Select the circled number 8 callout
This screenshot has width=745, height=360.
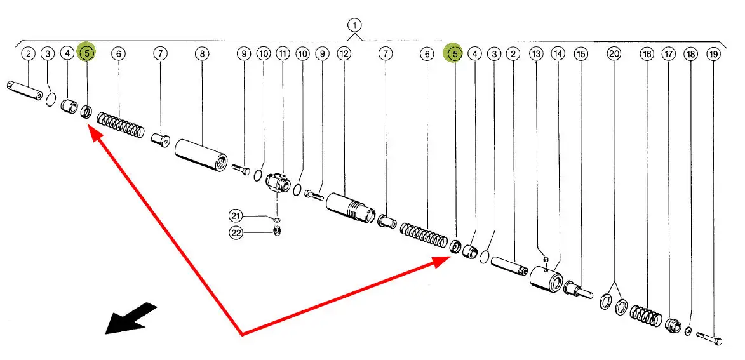(202, 54)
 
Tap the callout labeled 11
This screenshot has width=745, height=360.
(283, 53)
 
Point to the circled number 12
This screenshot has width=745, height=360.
(344, 53)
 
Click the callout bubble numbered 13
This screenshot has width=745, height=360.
(537, 54)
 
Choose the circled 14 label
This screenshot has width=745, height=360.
(558, 54)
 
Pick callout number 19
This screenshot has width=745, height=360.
(713, 54)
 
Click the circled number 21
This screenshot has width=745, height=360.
(236, 217)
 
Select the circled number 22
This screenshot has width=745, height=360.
(236, 232)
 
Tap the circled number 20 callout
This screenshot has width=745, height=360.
(614, 54)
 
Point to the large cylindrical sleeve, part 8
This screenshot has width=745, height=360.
(201, 156)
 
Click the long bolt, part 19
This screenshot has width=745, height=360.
(709, 338)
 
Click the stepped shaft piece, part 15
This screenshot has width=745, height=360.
(578, 289)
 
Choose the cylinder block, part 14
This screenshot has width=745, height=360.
(546, 279)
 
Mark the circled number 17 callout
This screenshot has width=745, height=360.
(669, 54)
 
